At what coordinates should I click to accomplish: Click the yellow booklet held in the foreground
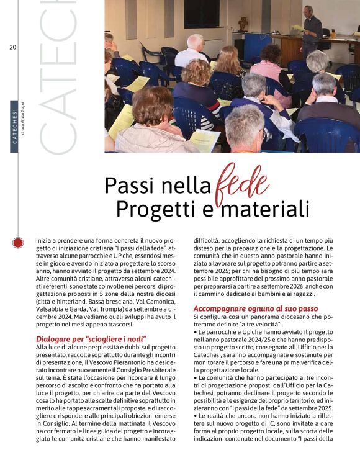(x=205, y=140)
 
